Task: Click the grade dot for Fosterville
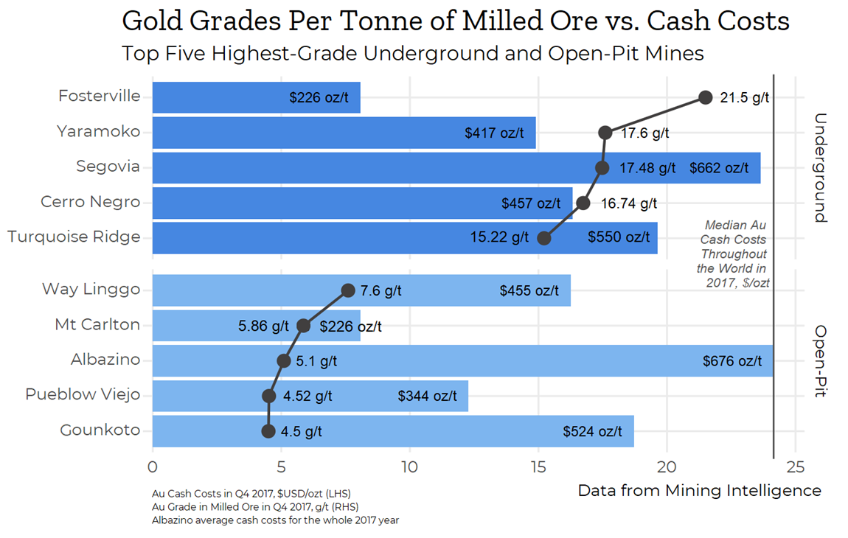coord(705,97)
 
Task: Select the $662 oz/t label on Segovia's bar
coord(719,168)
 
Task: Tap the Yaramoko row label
coord(98,132)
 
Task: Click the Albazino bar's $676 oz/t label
coord(732,361)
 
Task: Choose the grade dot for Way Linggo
coord(348,290)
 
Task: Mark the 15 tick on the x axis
coord(538,467)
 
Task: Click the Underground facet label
coord(821,167)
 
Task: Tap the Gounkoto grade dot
coord(268,431)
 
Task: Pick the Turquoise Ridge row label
coord(74,237)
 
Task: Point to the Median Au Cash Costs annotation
coord(733,254)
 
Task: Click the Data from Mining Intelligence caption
coord(699,490)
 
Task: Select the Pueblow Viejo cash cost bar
coord(310,396)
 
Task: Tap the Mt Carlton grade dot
coord(303,326)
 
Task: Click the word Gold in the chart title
coord(153,21)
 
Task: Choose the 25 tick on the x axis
coord(796,467)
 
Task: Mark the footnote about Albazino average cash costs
coord(275,520)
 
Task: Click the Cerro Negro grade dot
coord(583,203)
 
